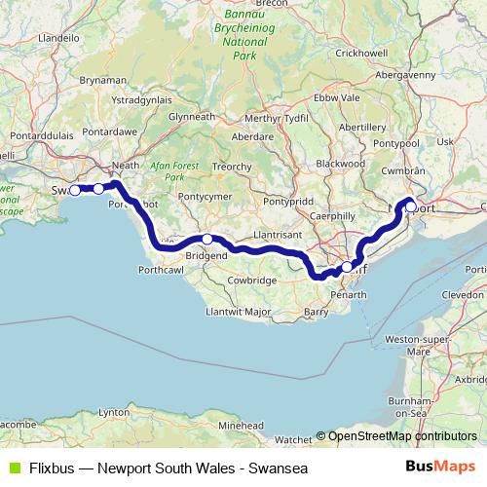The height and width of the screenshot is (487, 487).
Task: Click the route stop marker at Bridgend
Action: (207, 239)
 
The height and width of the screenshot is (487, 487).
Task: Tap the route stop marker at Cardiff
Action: (347, 266)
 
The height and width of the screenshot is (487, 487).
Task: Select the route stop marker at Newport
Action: (410, 206)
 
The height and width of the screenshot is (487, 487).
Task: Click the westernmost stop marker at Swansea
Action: (75, 190)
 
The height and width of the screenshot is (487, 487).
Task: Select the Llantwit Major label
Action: (238, 312)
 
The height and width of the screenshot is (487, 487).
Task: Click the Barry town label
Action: (317, 312)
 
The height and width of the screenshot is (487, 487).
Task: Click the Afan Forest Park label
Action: (175, 172)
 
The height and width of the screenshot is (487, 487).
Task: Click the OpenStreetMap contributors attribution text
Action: (402, 436)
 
